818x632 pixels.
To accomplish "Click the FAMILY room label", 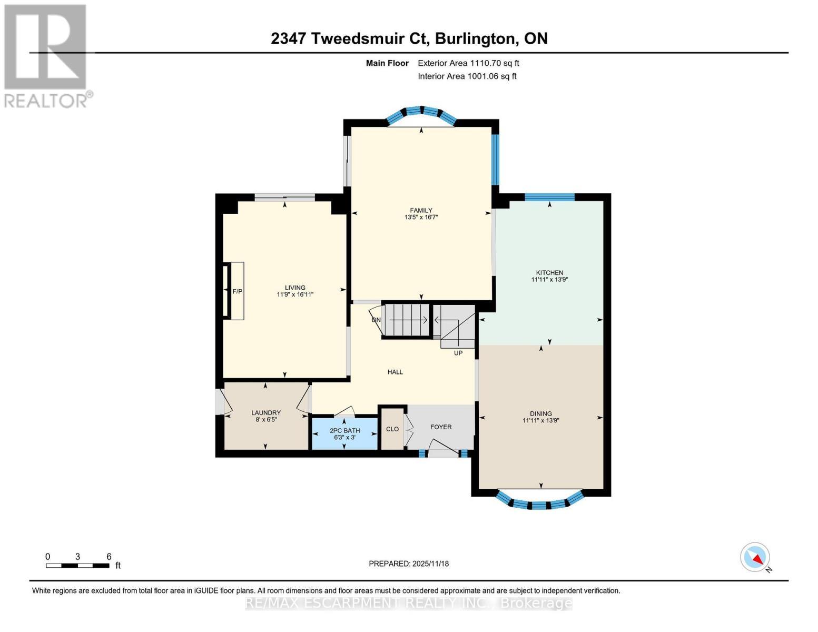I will pos(421,210).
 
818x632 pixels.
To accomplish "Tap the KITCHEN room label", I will pos(549,273).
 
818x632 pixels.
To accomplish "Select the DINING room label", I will pos(540,413).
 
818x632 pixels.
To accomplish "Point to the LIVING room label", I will pos(295,288).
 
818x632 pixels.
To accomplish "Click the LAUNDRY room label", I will pos(265,413).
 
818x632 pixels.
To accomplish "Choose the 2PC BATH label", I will pos(344,430).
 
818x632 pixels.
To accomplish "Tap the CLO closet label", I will pos(392,429).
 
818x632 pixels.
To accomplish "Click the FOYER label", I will pos(441,427).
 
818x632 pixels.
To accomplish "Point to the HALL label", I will pos(395,372).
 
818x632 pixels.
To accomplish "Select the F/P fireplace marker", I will pos(237,291).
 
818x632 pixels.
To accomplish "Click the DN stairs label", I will pos(376,320).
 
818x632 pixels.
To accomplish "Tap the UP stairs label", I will pos(458,353).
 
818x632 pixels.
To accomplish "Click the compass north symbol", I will pos(755,557).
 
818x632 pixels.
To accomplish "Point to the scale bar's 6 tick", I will pos(109,557).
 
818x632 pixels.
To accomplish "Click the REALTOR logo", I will pos(46,55).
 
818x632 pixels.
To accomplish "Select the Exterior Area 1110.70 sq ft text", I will pos(468,63).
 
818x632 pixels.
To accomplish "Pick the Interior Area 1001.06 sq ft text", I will pos(467,76).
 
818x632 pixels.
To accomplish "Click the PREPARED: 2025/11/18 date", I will pos(409,564).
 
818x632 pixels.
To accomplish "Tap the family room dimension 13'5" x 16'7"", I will pos(421,217).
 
